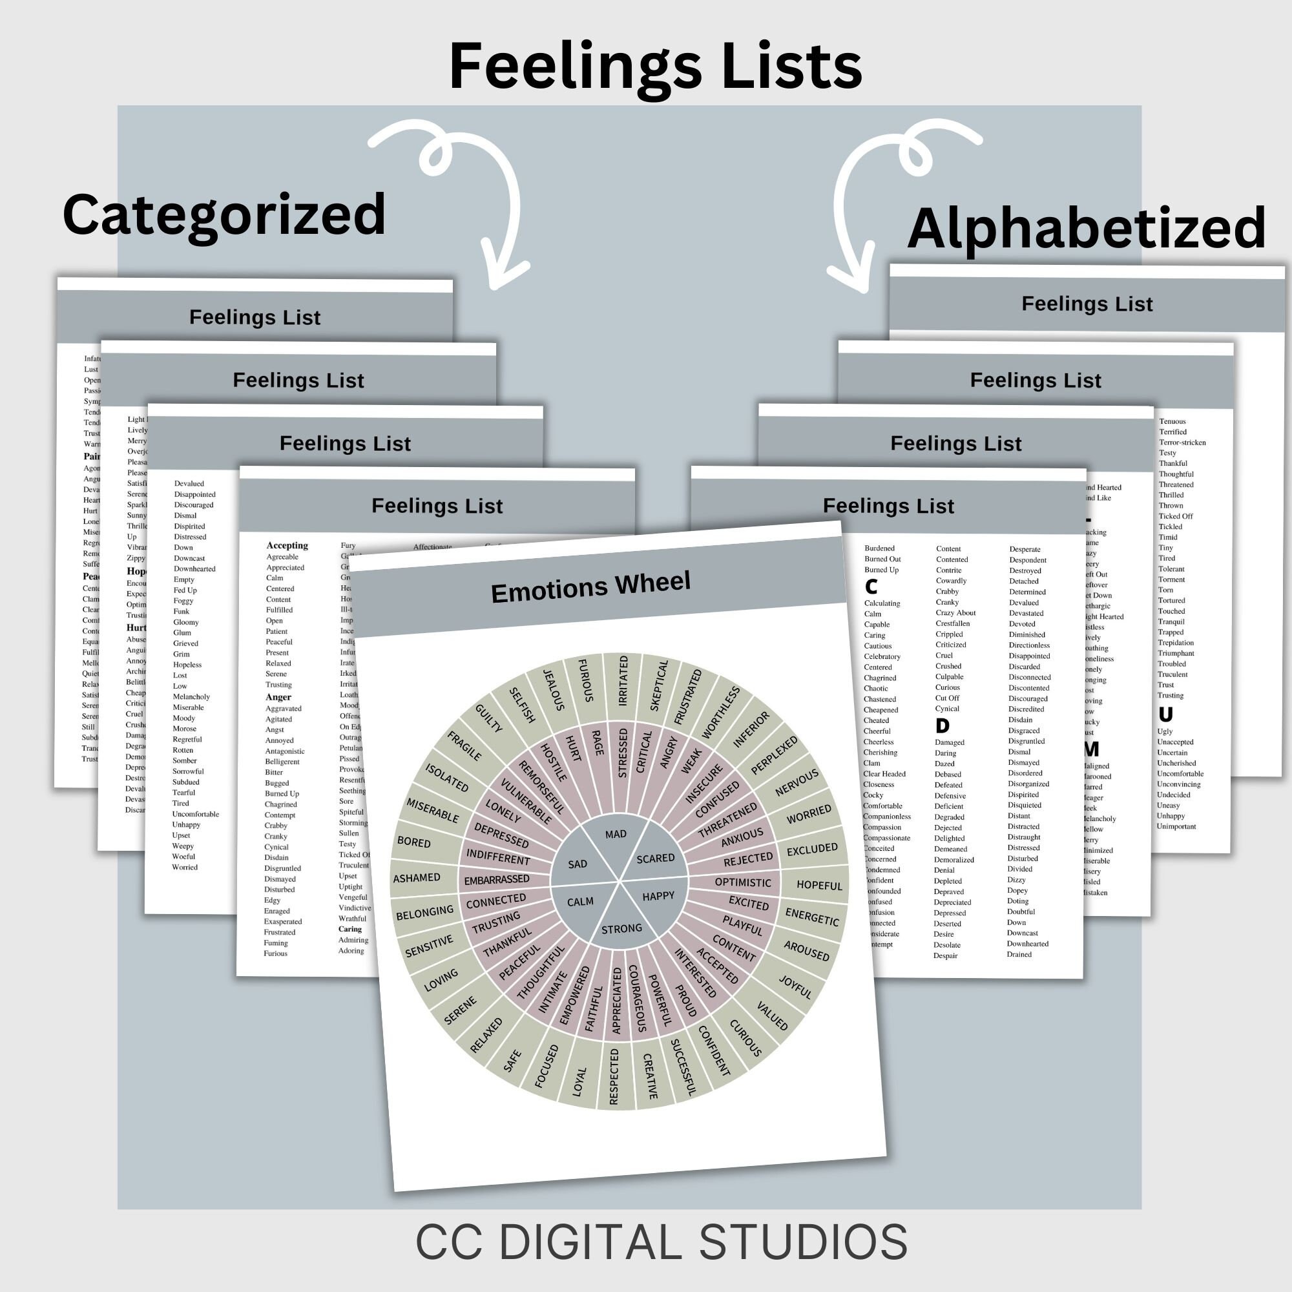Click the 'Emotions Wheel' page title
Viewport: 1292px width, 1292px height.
pyautogui.click(x=590, y=587)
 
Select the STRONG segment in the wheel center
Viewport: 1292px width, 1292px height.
pyautogui.click(x=621, y=928)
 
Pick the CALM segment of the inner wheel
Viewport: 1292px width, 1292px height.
pyautogui.click(x=580, y=902)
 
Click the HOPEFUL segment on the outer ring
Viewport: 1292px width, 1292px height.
pyautogui.click(x=819, y=886)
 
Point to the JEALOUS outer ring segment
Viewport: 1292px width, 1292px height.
pyautogui.click(x=554, y=689)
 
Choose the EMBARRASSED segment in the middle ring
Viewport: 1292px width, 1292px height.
pyautogui.click(x=496, y=880)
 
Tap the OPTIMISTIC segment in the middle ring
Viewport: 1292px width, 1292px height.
pyautogui.click(x=742, y=882)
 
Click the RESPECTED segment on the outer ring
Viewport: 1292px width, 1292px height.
pyautogui.click(x=614, y=1076)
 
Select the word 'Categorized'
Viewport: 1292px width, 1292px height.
pyautogui.click(x=224, y=214)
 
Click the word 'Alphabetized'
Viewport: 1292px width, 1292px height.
pyautogui.click(x=1086, y=228)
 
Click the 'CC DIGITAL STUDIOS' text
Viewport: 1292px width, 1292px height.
pyautogui.click(x=661, y=1242)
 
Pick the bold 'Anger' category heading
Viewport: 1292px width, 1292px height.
pyautogui.click(x=278, y=697)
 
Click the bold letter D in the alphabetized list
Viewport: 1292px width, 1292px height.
pyautogui.click(x=943, y=725)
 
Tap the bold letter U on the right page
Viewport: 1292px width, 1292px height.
pyautogui.click(x=1165, y=714)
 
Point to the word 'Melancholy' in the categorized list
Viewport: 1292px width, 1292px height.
pyautogui.click(x=191, y=697)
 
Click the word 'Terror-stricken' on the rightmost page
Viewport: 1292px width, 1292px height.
pyautogui.click(x=1182, y=442)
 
